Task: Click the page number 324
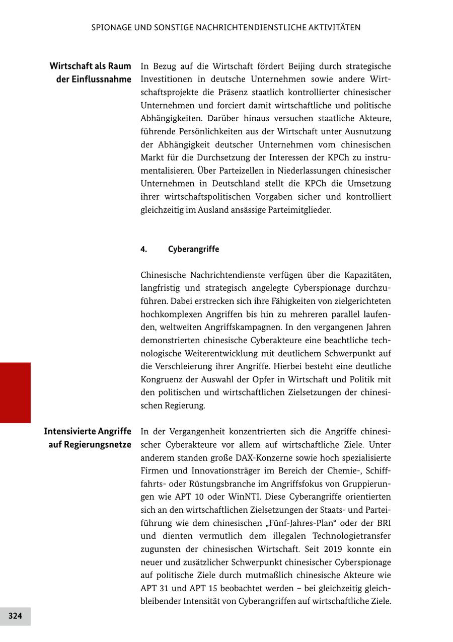click(x=15, y=616)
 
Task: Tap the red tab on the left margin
click(x=15, y=392)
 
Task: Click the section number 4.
click(x=143, y=250)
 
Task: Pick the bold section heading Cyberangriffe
click(x=193, y=250)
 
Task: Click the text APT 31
click(x=157, y=588)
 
